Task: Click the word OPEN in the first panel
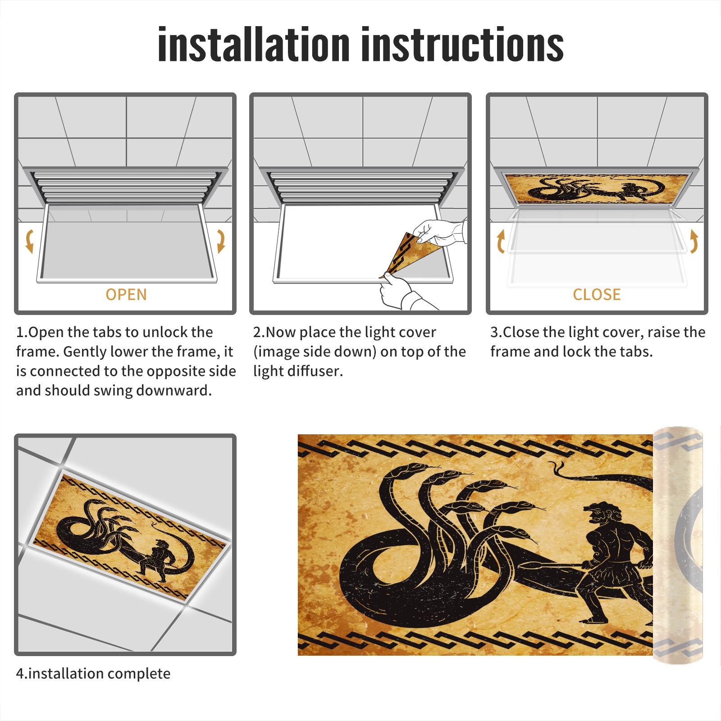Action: (x=126, y=295)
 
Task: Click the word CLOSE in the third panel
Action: (x=597, y=295)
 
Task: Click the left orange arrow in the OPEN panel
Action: (x=29, y=241)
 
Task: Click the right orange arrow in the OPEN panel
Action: (x=221, y=241)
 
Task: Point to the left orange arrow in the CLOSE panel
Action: (x=501, y=241)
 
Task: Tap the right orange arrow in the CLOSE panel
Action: (x=694, y=241)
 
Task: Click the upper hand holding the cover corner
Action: (x=439, y=232)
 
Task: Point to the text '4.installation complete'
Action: (x=93, y=674)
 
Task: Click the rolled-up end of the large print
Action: (x=678, y=545)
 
